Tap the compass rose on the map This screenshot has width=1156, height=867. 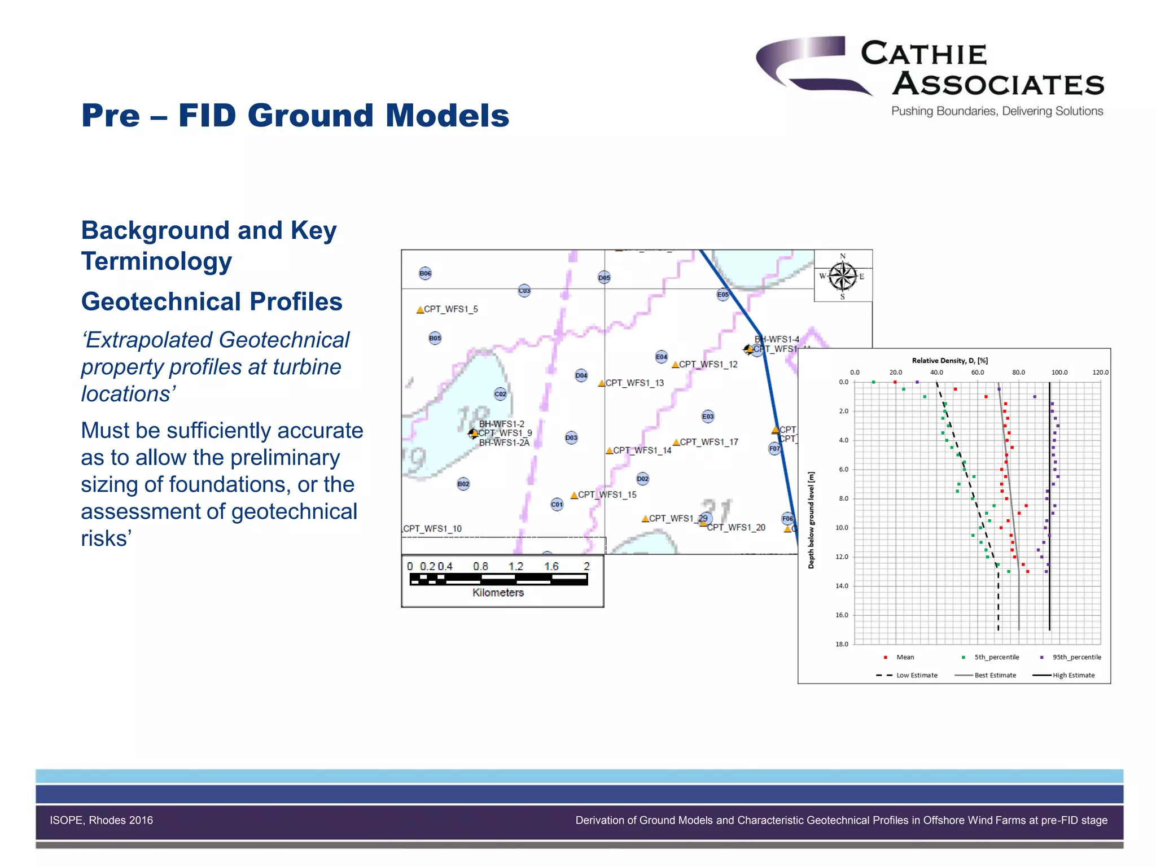point(843,277)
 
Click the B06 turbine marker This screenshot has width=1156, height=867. point(425,274)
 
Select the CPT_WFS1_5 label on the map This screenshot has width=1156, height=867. point(450,309)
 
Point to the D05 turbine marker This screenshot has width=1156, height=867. point(604,278)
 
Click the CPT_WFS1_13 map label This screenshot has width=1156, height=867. point(634,383)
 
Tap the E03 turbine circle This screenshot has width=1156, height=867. point(708,417)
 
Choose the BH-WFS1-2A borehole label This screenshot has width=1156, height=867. point(504,443)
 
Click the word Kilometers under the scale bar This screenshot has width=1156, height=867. point(498,593)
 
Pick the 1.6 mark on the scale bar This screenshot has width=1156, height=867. point(551,566)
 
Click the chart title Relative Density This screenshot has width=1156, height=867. point(949,361)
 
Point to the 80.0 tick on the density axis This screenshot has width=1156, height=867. point(1018,373)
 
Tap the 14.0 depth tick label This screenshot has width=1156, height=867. point(842,586)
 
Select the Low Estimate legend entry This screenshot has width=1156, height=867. point(916,675)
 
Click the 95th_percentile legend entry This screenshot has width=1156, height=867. point(1076,657)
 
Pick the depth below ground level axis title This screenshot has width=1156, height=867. point(811,520)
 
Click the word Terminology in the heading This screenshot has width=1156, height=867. point(156,261)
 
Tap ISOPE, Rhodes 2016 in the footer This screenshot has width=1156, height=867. point(101,820)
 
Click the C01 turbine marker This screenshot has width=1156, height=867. point(557,505)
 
